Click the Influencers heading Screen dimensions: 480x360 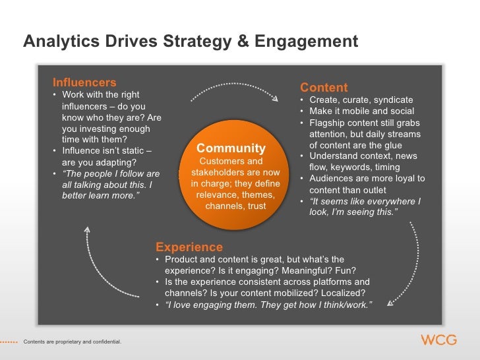[x=84, y=82]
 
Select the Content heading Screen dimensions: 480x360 [x=324, y=88]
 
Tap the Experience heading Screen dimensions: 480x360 [x=189, y=247]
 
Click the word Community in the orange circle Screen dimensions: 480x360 [x=231, y=148]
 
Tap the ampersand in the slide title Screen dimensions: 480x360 [x=243, y=42]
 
